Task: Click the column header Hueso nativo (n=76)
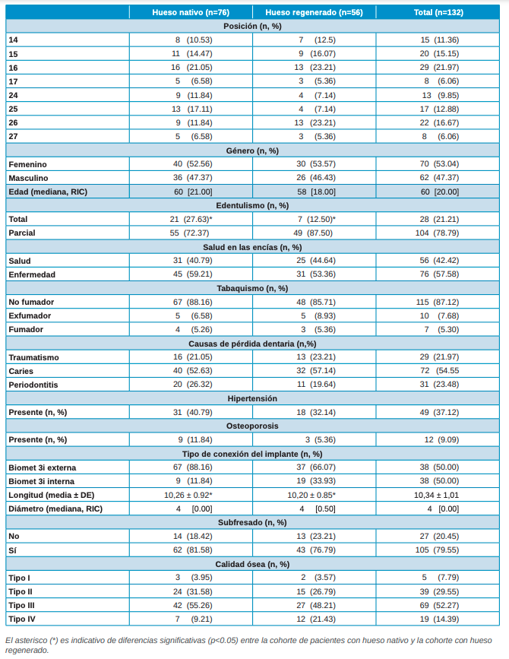[191, 12]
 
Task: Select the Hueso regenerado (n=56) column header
[315, 12]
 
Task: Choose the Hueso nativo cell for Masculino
[192, 178]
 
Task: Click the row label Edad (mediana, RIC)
[47, 192]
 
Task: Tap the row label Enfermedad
[32, 274]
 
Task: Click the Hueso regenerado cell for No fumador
[315, 302]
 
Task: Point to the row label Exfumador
[30, 315]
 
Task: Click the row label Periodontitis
[33, 385]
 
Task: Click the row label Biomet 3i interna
[43, 481]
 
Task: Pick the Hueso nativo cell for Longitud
[192, 495]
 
